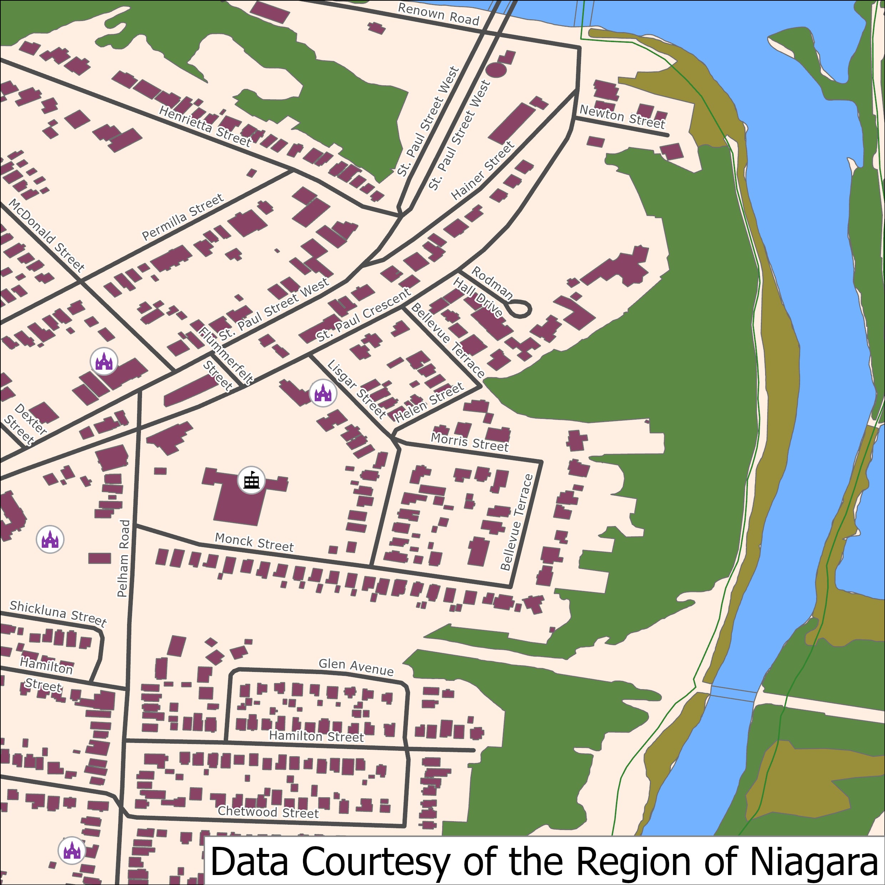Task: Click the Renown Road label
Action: tap(438, 14)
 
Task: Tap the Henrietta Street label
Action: tap(205, 126)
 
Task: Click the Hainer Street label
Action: tap(483, 171)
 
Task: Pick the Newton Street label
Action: tap(622, 117)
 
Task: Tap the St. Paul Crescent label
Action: tap(363, 315)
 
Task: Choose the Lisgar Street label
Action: tap(357, 389)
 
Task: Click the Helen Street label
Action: tap(429, 403)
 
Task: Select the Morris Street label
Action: tap(470, 442)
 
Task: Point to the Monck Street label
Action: tap(254, 542)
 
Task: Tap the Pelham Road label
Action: tap(123, 558)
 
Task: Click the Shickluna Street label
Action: tap(58, 613)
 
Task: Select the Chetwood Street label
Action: tap(268, 812)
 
